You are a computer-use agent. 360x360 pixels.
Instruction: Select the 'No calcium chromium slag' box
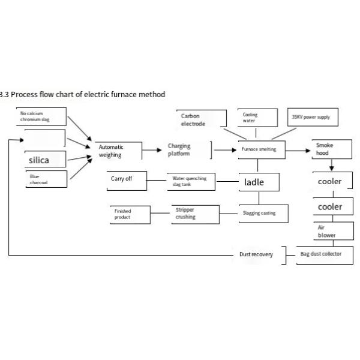click(40, 116)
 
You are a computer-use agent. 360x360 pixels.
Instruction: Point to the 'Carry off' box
click(128, 179)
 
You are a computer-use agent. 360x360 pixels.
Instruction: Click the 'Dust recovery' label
click(256, 254)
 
